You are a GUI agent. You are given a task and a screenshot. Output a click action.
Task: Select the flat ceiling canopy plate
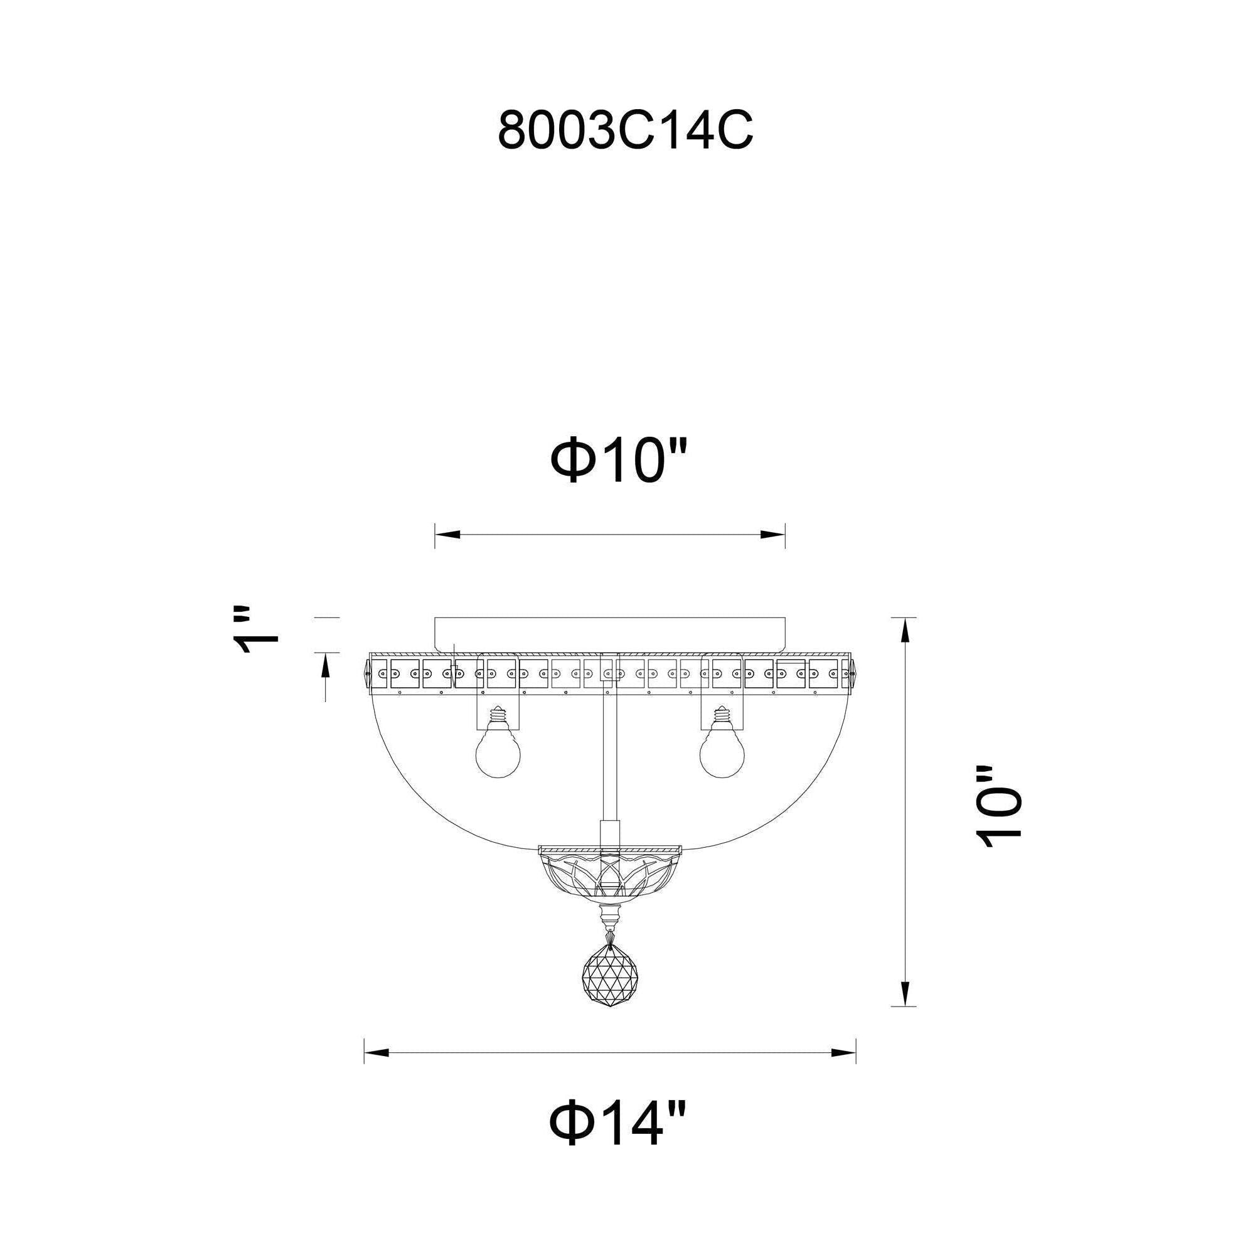click(x=610, y=635)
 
